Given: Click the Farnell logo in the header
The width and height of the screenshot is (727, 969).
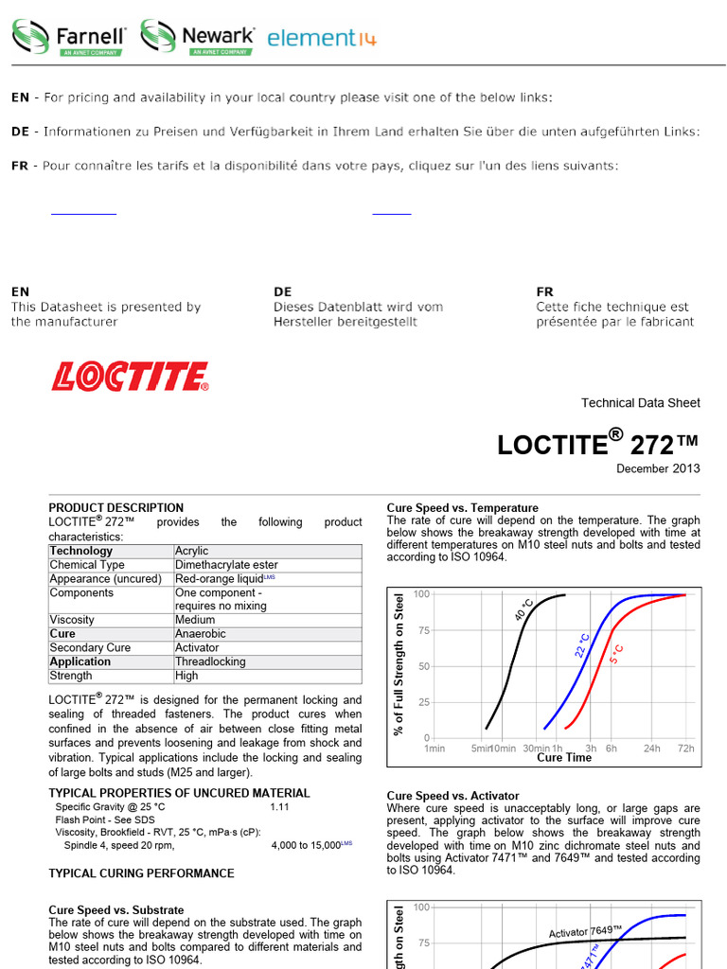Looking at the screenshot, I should tap(69, 38).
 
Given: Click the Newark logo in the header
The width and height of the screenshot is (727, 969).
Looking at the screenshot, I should tap(198, 38).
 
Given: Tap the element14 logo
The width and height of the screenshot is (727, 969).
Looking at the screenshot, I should tap(322, 38).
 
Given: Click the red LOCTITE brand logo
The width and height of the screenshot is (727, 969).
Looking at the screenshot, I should tap(130, 377).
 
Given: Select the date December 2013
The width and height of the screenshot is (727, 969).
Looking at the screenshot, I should tap(658, 468).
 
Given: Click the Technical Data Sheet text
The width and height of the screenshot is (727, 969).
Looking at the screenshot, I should tap(641, 403).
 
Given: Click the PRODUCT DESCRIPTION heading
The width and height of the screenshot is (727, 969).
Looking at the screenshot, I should tap(116, 508).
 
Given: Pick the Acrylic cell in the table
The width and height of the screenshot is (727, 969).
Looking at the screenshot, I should tap(192, 551).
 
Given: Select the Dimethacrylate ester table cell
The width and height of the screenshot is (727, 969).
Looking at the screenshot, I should tap(224, 565).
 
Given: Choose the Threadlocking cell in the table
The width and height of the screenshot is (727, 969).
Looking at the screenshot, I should tap(210, 661).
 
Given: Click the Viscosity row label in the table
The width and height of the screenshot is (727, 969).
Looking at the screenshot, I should tap(72, 620).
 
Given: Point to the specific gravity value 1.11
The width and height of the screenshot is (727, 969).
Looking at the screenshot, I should tap(280, 807).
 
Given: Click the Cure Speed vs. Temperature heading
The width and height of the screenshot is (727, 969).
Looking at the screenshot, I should tap(463, 508).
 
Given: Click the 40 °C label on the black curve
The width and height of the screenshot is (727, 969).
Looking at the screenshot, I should tap(524, 609).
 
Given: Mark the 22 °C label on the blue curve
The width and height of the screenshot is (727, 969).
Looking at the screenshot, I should tap(583, 644).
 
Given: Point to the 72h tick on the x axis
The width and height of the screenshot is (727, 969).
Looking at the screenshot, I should tap(685, 749).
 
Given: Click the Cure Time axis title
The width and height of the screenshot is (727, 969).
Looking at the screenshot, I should tap(564, 758).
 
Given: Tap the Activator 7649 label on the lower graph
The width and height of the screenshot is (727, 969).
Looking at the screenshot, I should tap(585, 932).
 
